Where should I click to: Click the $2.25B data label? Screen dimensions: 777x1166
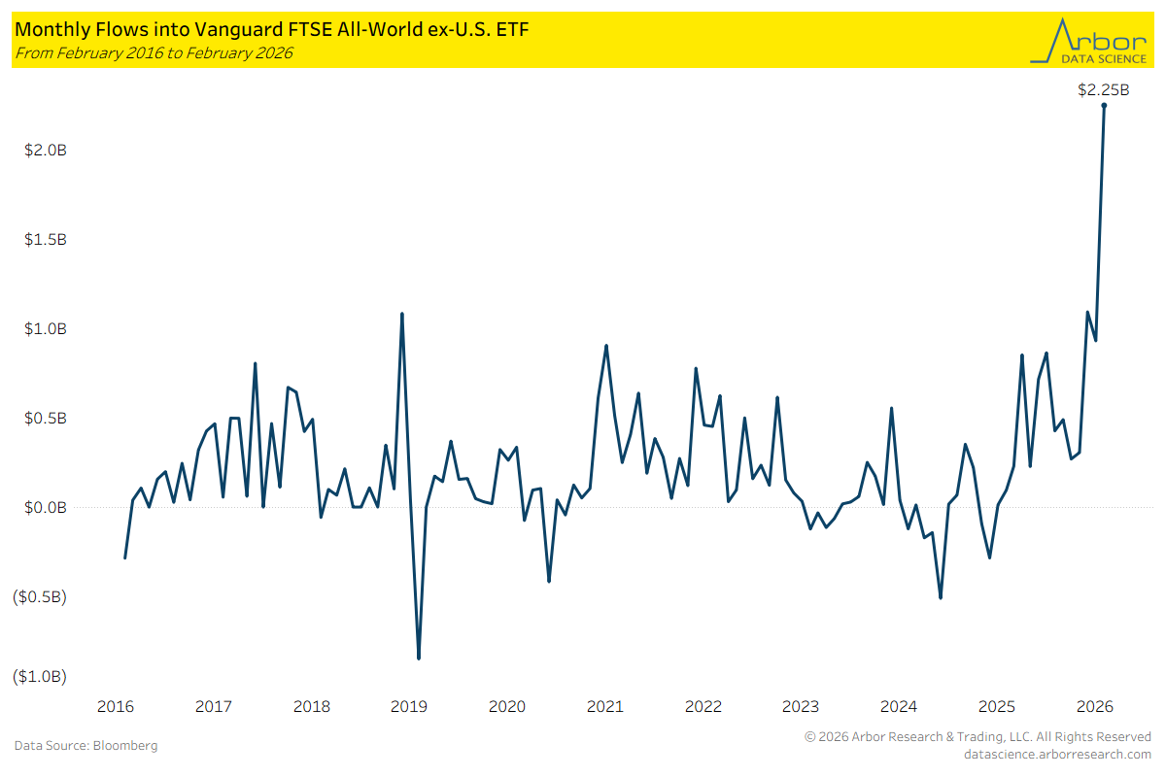point(1104,90)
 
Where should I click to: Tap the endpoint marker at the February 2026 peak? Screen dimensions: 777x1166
point(1104,106)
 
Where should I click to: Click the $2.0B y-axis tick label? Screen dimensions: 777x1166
point(45,151)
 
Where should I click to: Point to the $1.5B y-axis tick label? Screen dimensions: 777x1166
point(45,240)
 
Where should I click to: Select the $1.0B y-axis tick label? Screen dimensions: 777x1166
point(45,329)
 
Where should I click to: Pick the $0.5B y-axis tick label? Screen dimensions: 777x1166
point(45,419)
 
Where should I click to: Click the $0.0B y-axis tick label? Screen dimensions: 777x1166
point(45,508)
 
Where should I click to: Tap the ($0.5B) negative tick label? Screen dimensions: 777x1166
point(40,597)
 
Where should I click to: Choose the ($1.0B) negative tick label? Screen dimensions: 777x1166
point(40,676)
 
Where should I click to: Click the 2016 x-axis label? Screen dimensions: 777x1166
point(115,706)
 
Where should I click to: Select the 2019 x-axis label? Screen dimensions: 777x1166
point(409,706)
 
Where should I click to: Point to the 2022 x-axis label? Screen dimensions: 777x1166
point(703,706)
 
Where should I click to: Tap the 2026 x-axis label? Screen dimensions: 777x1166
point(1094,706)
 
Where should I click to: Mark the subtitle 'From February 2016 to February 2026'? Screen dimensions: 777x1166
point(154,52)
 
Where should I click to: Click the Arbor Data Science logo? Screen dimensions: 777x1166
point(1088,40)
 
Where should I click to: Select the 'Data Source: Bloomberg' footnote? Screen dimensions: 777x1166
point(86,746)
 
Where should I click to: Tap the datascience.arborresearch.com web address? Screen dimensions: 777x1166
point(1057,754)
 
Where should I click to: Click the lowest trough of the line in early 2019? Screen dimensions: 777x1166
point(419,659)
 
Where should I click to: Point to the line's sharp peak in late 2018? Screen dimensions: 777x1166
point(402,314)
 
